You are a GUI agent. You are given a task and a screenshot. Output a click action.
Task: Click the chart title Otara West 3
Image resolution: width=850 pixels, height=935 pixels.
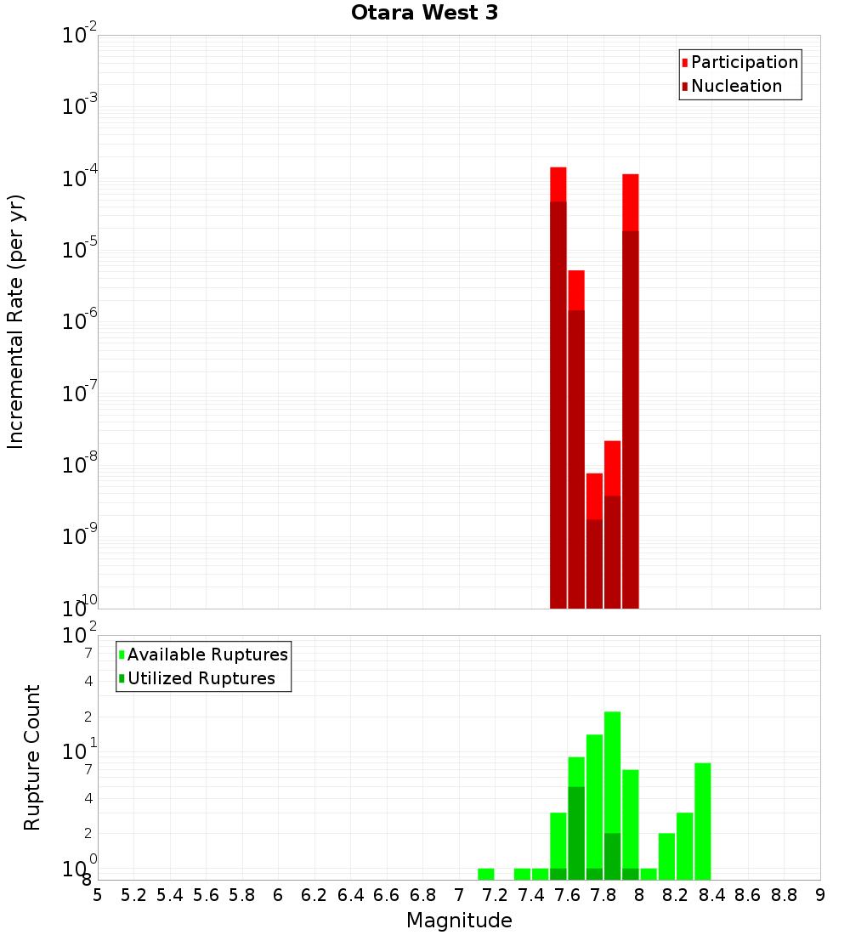click(x=424, y=13)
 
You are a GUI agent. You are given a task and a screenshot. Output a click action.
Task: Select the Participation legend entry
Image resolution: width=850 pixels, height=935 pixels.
click(x=744, y=62)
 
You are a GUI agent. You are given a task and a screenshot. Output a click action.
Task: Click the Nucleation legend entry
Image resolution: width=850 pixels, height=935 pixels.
click(x=735, y=86)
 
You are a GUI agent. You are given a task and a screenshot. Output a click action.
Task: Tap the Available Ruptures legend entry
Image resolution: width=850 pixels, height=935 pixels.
click(x=207, y=654)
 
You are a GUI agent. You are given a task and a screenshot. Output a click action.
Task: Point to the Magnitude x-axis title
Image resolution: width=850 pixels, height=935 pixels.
click(x=459, y=921)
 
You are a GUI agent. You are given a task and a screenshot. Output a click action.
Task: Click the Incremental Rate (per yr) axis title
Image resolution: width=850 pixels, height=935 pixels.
click(x=16, y=322)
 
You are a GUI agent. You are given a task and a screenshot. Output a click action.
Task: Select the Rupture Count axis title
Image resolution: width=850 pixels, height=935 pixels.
click(x=32, y=757)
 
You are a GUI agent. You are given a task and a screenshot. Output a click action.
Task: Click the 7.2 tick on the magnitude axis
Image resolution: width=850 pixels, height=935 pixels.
click(x=495, y=895)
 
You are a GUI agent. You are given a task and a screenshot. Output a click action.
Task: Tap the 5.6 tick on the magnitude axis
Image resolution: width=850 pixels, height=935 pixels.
click(x=206, y=895)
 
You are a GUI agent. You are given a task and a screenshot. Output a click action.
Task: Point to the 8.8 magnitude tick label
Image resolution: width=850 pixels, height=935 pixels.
click(x=784, y=895)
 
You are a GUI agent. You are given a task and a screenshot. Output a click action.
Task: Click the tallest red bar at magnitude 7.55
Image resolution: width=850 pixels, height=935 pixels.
click(x=558, y=382)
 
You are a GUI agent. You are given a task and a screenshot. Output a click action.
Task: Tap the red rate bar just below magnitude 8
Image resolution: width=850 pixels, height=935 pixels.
click(x=631, y=391)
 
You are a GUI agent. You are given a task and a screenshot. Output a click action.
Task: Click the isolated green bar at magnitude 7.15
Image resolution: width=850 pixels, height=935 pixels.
click(x=486, y=874)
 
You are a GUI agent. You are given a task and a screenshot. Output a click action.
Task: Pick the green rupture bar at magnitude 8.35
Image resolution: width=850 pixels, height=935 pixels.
click(x=703, y=821)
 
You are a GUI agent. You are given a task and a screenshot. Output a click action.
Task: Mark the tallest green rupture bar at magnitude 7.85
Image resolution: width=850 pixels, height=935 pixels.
click(x=612, y=796)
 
